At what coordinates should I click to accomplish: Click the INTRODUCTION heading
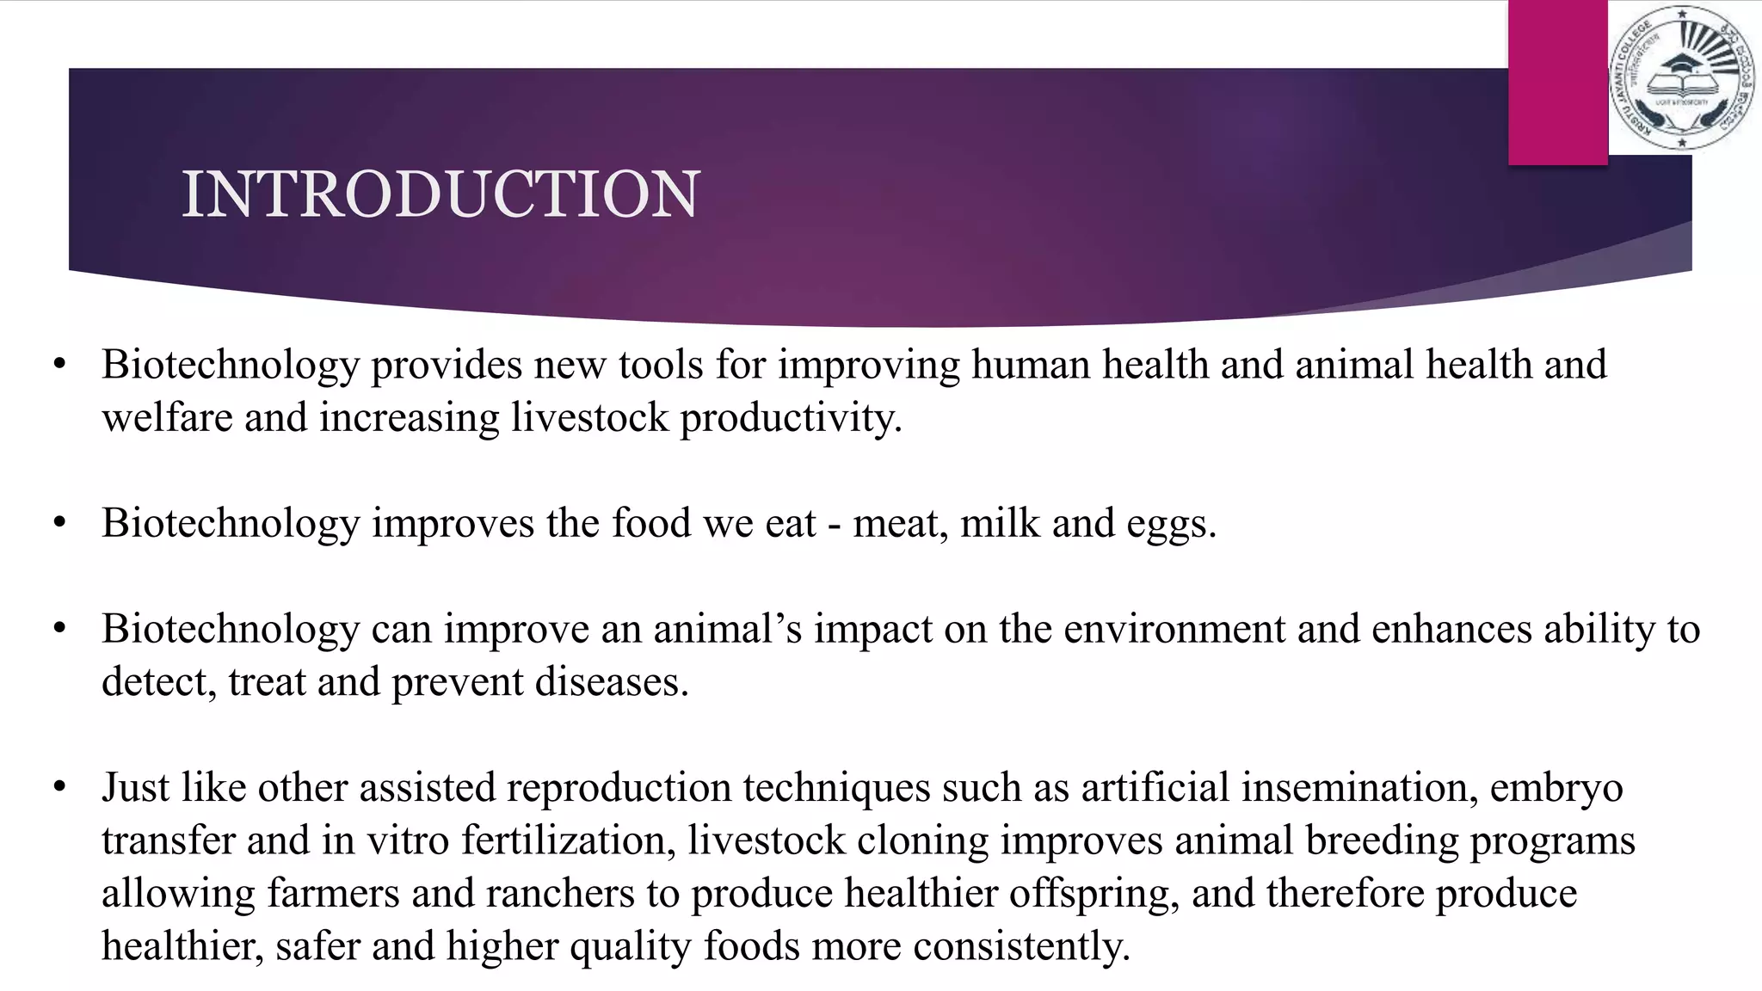point(440,194)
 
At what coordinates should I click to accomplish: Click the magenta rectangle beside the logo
point(1557,82)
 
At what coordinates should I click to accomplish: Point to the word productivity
point(791,418)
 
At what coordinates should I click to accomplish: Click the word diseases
point(612,682)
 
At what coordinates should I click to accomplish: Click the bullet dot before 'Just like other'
point(59,787)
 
